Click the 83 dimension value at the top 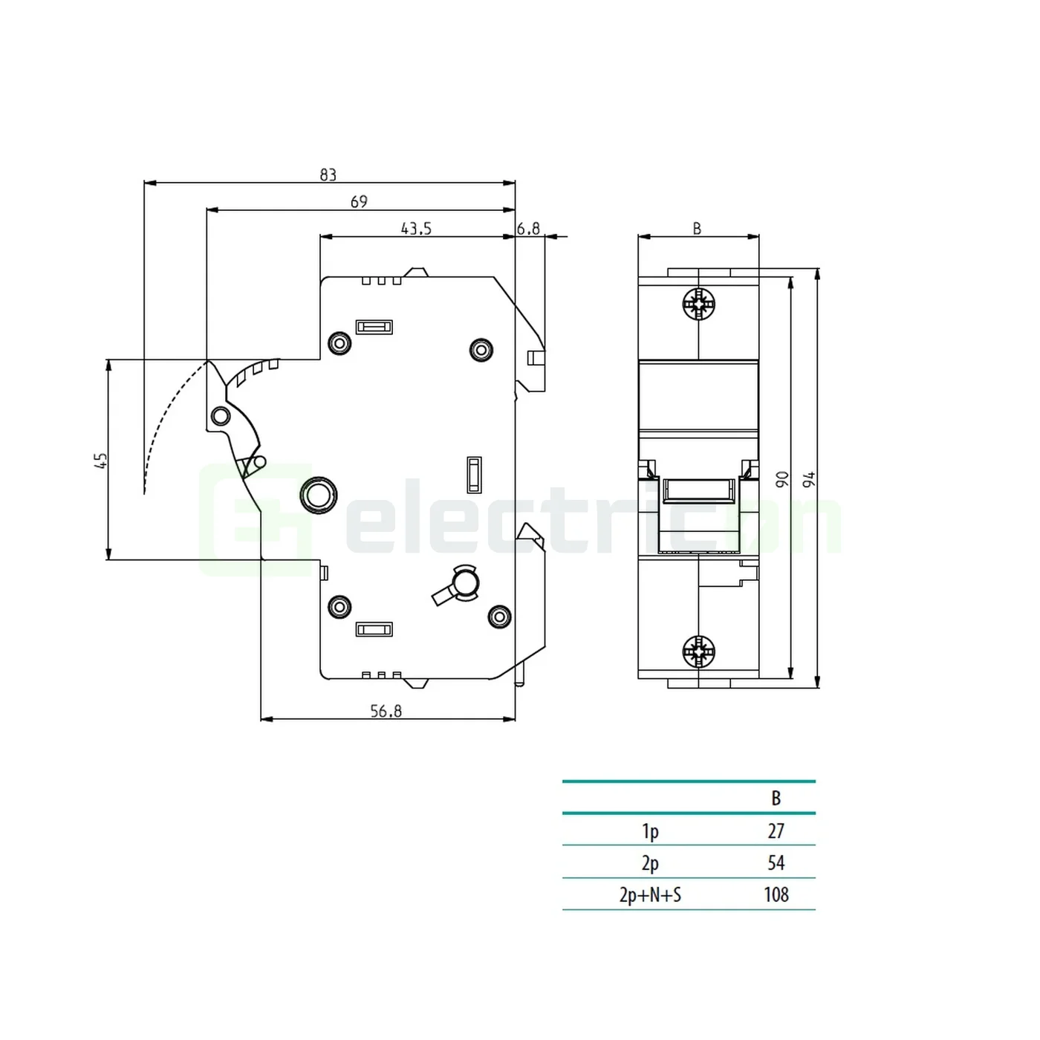[x=328, y=175]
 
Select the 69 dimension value [x=359, y=202]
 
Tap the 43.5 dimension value [x=416, y=229]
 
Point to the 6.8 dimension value [x=528, y=229]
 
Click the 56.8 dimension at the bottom [x=386, y=711]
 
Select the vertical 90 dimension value [x=781, y=479]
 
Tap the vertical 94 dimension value [x=809, y=479]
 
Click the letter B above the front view [x=697, y=229]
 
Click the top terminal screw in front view [x=698, y=304]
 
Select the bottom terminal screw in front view [x=698, y=651]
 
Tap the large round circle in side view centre [x=319, y=494]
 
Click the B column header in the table [x=776, y=799]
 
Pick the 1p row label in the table [x=650, y=831]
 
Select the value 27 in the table [x=776, y=831]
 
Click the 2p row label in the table [x=650, y=863]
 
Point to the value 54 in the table [x=776, y=863]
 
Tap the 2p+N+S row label [x=650, y=895]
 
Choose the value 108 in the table [x=776, y=895]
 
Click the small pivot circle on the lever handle [x=220, y=415]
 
